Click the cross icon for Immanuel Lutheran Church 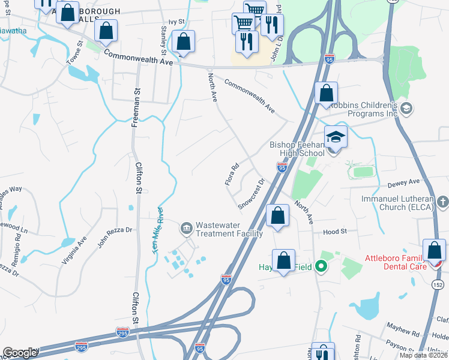(x=441, y=201)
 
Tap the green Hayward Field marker (x=322, y=266)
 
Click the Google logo (x=19, y=353)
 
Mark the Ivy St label (x=176, y=22)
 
